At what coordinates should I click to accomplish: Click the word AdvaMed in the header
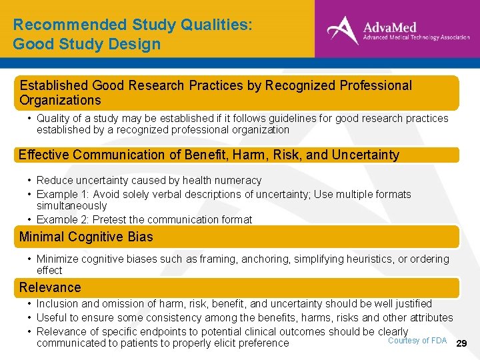tap(389, 27)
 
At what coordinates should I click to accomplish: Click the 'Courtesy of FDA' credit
tap(417, 341)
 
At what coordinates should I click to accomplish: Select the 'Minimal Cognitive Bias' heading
tap(86, 237)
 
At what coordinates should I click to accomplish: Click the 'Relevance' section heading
tap(50, 287)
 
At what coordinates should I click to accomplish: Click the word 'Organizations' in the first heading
tap(60, 100)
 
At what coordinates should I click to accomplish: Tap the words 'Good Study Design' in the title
tap(87, 45)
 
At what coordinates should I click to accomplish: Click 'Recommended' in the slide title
tap(61, 25)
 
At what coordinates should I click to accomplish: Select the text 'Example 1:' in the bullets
tap(60, 194)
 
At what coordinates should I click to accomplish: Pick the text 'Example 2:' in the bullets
tap(60, 219)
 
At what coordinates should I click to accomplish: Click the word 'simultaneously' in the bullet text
tap(71, 206)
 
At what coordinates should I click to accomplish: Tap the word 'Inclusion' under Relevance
tap(57, 303)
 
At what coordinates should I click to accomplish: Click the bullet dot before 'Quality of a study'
tap(29, 119)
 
